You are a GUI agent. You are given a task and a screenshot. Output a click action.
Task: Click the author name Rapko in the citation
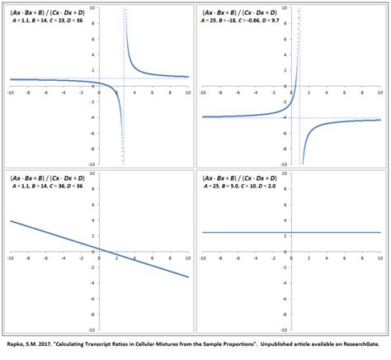pyautogui.click(x=15, y=348)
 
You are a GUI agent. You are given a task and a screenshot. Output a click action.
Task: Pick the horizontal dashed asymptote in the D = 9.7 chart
pyautogui.click(x=346, y=117)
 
